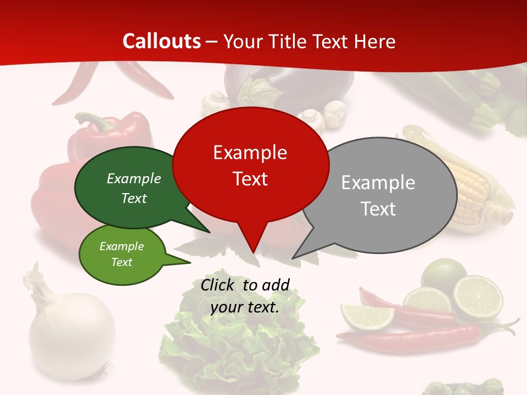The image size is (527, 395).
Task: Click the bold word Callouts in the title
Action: (x=161, y=41)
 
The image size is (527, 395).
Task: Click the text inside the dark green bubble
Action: (x=134, y=188)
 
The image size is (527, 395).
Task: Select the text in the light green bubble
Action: (x=122, y=254)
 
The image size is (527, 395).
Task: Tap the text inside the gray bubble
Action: (x=378, y=195)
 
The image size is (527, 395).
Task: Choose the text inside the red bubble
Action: (x=250, y=165)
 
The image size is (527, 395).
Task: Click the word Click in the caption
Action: (x=218, y=285)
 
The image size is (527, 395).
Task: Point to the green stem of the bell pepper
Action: (x=91, y=121)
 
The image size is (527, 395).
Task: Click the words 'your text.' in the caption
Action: (x=244, y=308)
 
